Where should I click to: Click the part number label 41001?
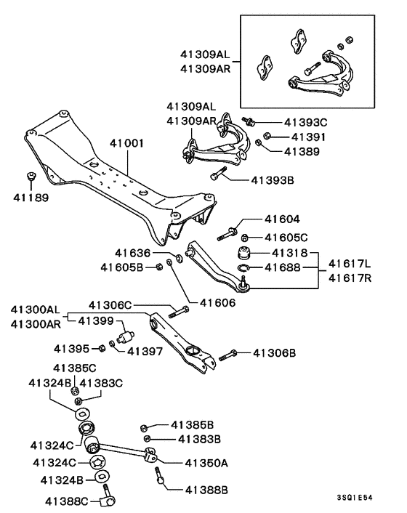tap(126, 144)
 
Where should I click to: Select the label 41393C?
tap(305, 122)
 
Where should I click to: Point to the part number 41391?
tap(308, 137)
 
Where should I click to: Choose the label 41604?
tap(282, 219)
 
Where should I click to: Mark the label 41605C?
tap(286, 237)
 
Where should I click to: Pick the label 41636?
tap(132, 254)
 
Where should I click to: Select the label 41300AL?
tap(34, 310)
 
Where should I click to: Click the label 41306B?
tap(275, 353)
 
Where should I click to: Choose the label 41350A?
tap(206, 462)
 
